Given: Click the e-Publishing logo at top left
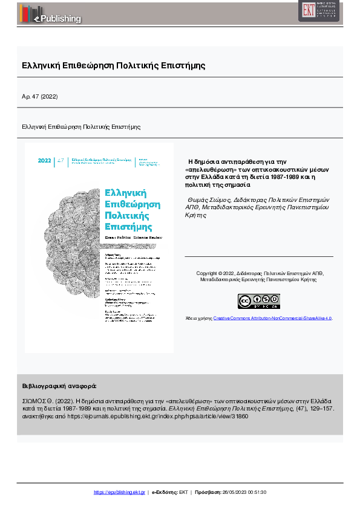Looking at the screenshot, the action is [x=51, y=13].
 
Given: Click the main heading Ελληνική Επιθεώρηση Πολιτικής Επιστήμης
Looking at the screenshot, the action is [x=113, y=65].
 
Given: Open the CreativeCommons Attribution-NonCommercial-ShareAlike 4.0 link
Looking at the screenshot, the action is [x=272, y=317].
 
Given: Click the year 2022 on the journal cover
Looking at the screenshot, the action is [x=45, y=161].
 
